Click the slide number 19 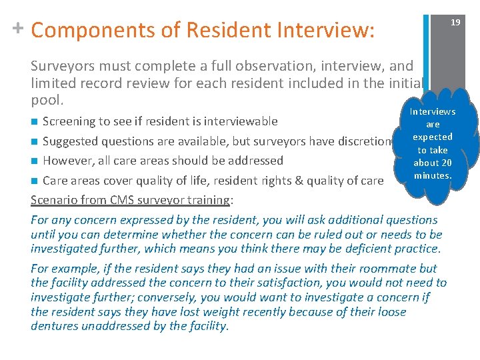point(455,22)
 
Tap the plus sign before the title point(18,28)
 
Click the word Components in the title point(105,30)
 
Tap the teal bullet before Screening point(35,121)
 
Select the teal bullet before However point(35,161)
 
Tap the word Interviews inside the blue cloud point(433,112)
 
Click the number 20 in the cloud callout point(445,163)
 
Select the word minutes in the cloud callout point(433,175)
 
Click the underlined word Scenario point(55,200)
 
